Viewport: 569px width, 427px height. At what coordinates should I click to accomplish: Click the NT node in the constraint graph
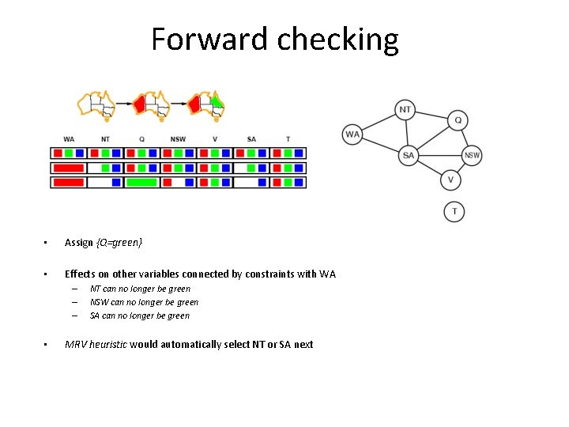pyautogui.click(x=405, y=109)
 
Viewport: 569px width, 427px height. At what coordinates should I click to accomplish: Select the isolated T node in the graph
pyautogui.click(x=454, y=211)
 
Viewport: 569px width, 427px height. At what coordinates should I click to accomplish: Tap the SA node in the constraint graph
pyautogui.click(x=408, y=155)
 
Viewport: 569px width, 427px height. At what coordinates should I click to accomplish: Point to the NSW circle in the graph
pyautogui.click(x=472, y=155)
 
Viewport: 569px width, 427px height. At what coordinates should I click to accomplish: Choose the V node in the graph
pyautogui.click(x=450, y=180)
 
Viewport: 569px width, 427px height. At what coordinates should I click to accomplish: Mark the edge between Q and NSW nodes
pyautogui.click(x=465, y=138)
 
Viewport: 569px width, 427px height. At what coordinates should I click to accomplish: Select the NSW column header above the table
pyautogui.click(x=178, y=139)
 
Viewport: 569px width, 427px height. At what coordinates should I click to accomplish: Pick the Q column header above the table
pyautogui.click(x=141, y=139)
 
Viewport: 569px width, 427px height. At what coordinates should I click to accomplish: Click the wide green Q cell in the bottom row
pyautogui.click(x=141, y=182)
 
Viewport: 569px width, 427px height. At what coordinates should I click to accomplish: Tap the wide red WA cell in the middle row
pyautogui.click(x=69, y=168)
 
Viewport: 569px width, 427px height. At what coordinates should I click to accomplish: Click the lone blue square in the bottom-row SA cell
pyautogui.click(x=262, y=182)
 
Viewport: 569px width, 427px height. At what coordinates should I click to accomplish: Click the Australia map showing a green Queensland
pyautogui.click(x=208, y=104)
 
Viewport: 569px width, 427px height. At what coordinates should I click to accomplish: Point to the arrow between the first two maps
pyautogui.click(x=123, y=104)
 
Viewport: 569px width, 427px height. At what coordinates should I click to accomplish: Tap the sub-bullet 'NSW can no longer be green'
pyautogui.click(x=144, y=302)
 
